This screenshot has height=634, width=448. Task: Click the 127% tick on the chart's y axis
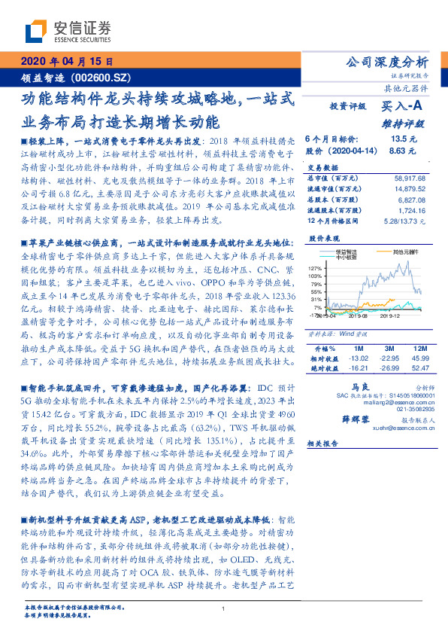315,268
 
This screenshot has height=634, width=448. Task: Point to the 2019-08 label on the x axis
358,316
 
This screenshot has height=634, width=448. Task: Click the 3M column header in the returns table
390,349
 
